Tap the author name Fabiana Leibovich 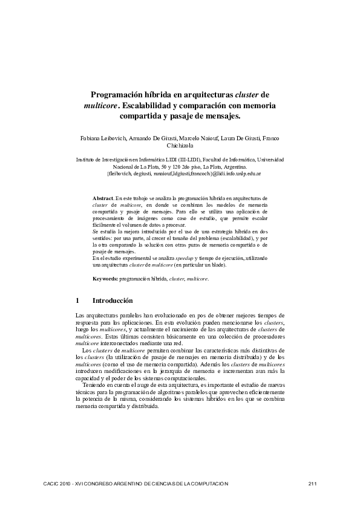pyautogui.click(x=103, y=138)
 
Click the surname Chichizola pyautogui.click(x=180, y=146)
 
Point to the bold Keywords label pyautogui.click(x=105, y=279)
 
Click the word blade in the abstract pyautogui.click(x=200, y=265)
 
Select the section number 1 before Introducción pyautogui.click(x=77, y=300)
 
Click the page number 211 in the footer pyautogui.click(x=313, y=484)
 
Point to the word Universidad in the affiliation pyautogui.click(x=266, y=159)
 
